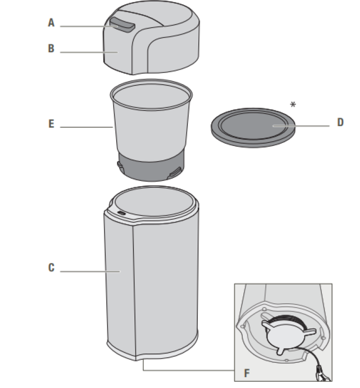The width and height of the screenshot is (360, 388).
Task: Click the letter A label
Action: click(51, 22)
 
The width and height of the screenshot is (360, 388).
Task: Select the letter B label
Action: click(51, 49)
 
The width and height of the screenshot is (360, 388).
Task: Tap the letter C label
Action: click(51, 268)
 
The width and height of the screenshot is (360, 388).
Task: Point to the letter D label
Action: click(340, 123)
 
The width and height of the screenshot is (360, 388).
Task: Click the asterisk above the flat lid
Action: click(294, 105)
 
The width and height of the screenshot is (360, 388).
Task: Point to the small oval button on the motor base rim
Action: click(121, 213)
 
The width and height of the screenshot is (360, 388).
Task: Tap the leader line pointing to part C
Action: click(89, 271)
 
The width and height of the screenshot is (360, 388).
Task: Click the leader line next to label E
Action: click(86, 127)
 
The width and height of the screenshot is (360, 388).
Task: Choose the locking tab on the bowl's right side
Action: click(176, 170)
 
